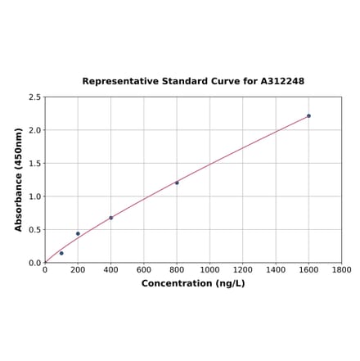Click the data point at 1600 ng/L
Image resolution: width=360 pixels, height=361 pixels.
click(308, 115)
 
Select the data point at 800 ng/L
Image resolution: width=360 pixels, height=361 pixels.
click(177, 183)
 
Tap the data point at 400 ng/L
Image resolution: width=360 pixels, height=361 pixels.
click(111, 218)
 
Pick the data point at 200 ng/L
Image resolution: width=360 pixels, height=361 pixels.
click(78, 233)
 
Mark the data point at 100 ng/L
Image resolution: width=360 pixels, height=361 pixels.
click(61, 253)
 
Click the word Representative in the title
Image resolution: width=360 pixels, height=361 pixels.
click(120, 82)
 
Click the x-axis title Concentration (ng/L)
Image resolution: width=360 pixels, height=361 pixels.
click(193, 284)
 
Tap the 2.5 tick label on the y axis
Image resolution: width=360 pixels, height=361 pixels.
click(35, 97)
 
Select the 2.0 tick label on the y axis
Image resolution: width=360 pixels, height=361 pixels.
click(35, 130)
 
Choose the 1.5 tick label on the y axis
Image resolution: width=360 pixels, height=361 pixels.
click(35, 164)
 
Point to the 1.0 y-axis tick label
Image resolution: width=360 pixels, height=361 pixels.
click(35, 196)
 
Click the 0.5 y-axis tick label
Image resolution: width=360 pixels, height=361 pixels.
click(35, 230)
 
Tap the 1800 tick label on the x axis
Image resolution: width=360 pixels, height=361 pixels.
click(341, 270)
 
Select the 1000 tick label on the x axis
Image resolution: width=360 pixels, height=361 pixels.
click(209, 270)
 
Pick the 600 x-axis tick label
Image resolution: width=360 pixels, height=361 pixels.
click(144, 270)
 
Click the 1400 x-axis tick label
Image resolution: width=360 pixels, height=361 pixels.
click(276, 270)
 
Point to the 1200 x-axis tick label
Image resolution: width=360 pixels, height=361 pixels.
click(243, 270)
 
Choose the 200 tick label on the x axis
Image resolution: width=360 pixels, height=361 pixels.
click(78, 270)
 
